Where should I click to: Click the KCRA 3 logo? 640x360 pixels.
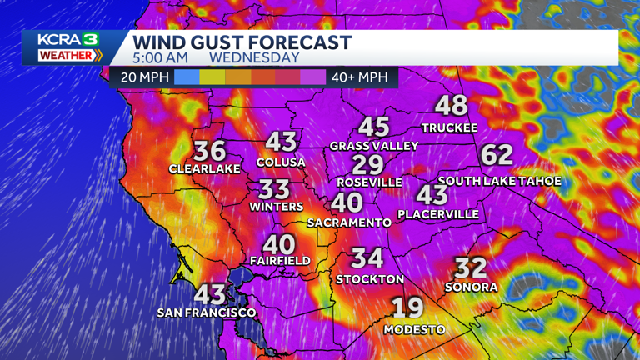click(70, 47)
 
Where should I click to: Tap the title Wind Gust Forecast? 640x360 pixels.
click(242, 42)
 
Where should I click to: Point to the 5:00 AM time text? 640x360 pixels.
click(160, 58)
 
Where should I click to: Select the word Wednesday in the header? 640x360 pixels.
click(254, 58)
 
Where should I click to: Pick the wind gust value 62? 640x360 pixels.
click(497, 155)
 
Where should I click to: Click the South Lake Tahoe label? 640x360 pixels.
click(499, 181)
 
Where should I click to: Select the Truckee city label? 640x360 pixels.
click(449, 127)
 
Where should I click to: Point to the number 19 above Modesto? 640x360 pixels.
click(407, 307)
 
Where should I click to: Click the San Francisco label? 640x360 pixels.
click(207, 312)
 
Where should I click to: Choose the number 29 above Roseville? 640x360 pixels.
click(367, 164)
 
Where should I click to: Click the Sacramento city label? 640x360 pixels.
click(349, 222)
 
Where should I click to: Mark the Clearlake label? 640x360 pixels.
click(204, 168)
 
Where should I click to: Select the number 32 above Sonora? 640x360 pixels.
click(471, 267)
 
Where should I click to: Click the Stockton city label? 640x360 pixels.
click(370, 279)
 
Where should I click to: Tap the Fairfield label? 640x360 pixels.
click(280, 261)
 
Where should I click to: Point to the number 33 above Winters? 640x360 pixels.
click(274, 188)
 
